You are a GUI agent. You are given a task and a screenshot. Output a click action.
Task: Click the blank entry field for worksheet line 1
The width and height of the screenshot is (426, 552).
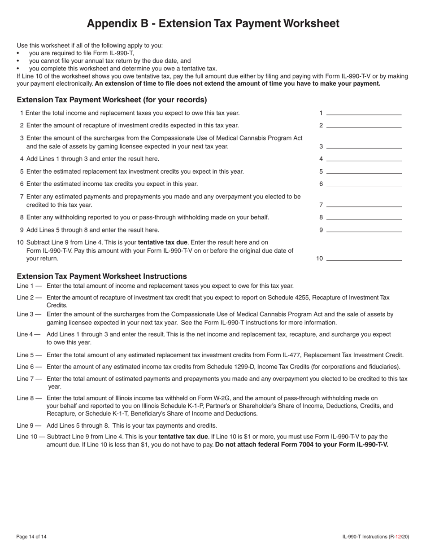(364, 113)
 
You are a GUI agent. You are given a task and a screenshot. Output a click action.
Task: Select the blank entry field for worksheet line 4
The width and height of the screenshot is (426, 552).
(364, 158)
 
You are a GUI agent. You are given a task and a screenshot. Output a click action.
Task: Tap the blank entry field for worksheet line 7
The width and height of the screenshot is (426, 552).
(364, 205)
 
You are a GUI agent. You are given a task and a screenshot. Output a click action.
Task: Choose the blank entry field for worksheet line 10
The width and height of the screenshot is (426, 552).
(364, 258)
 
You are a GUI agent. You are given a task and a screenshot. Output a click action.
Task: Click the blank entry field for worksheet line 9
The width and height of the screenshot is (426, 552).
(364, 230)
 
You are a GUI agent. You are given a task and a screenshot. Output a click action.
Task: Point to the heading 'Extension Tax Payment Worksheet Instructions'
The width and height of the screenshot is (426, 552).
(102, 276)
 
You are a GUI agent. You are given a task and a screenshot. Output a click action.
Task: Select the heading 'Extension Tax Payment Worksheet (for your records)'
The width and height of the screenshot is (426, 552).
(112, 100)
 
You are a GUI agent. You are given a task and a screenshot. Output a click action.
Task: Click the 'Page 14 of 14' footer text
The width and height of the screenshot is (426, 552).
(31, 536)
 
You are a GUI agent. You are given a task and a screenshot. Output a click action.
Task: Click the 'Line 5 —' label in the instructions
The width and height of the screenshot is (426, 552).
(29, 355)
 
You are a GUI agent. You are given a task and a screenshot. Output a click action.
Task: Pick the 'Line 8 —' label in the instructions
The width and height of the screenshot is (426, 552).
(29, 398)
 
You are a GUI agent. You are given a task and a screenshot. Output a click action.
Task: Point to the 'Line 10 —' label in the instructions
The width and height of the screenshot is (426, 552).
(30, 436)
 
